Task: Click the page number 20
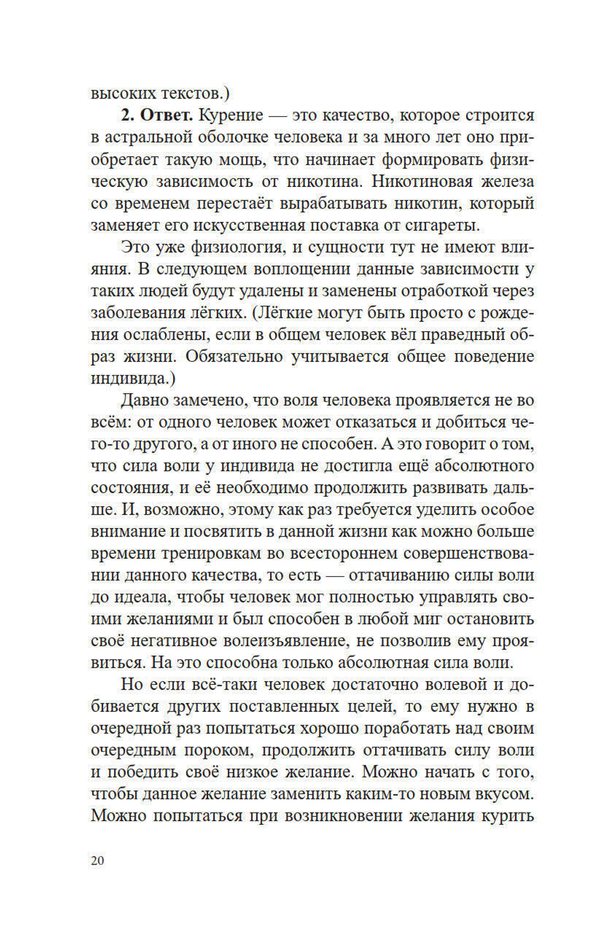click(97, 860)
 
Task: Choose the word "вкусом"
click(502, 793)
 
